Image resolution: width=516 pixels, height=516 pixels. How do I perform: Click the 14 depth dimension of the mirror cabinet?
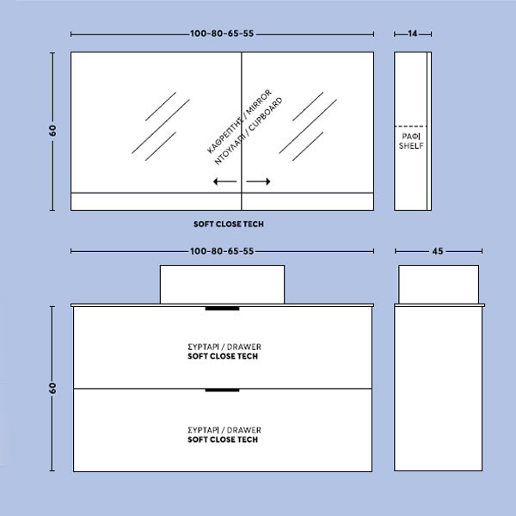412,34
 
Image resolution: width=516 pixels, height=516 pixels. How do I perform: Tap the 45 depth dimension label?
438,251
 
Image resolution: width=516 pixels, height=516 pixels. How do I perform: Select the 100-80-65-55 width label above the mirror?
222,34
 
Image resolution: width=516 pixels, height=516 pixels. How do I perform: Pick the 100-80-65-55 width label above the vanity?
222,251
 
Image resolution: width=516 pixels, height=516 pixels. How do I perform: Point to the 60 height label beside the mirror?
52,131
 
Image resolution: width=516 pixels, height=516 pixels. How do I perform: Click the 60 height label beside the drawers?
52,389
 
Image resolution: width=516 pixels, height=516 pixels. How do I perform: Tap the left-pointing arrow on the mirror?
225,181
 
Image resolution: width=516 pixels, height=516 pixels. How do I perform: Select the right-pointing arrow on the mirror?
258,181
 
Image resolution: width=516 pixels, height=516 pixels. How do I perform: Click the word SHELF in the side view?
411,146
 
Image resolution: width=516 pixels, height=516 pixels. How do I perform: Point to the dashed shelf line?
410,126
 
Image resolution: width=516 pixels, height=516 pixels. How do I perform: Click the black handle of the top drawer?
222,309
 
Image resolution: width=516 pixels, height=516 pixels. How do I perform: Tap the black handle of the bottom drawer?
222,390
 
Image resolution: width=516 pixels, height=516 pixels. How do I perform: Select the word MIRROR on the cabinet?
260,101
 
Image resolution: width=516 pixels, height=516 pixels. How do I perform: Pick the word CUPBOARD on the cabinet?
266,114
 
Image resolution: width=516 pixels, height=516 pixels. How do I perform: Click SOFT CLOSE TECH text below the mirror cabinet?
229,224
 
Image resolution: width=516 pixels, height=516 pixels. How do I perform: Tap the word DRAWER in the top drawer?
244,347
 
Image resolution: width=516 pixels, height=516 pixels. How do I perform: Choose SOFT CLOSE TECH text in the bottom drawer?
223,439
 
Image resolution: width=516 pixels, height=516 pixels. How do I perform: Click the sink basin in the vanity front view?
222,285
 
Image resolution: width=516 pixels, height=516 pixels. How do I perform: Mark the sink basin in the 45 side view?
439,285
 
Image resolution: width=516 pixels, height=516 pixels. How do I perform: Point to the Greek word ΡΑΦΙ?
411,136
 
